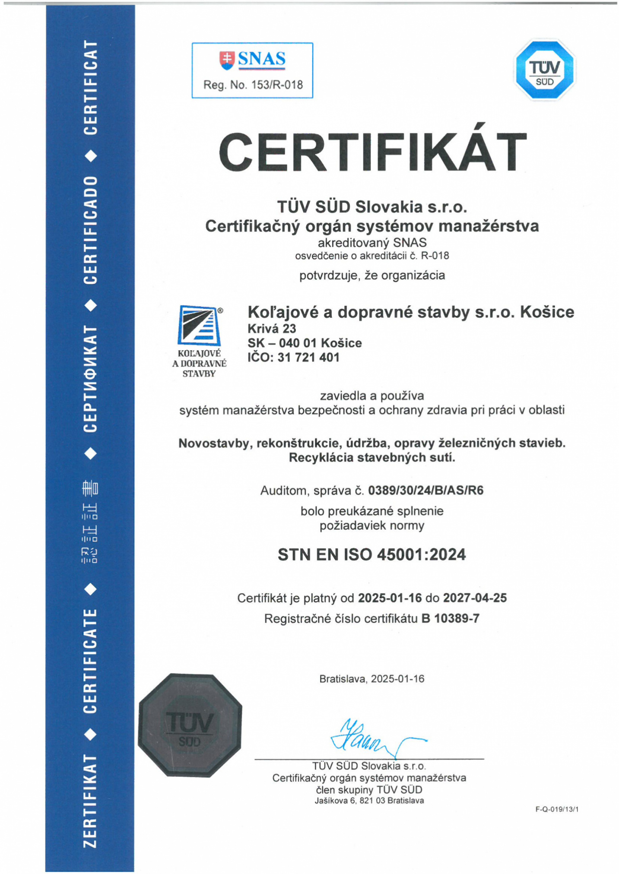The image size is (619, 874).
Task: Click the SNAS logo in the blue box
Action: click(252, 60)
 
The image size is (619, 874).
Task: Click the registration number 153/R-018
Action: click(277, 85)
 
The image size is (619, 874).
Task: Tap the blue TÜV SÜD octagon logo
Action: click(544, 70)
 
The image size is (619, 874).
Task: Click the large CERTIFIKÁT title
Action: click(372, 152)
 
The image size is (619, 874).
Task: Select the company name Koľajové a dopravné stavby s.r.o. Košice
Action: click(410, 312)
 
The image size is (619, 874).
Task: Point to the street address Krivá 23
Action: click(272, 329)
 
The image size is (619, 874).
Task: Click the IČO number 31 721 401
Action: click(308, 358)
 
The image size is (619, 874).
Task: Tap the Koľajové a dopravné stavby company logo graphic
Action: click(200, 326)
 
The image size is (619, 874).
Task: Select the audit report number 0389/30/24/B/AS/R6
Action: click(425, 491)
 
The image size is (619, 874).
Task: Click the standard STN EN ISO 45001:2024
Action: click(371, 554)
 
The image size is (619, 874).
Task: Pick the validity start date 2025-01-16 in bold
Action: click(390, 598)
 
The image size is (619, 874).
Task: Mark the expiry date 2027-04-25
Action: click(475, 598)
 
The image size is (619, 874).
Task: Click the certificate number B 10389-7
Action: click(450, 619)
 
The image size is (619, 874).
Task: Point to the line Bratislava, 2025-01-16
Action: click(371, 679)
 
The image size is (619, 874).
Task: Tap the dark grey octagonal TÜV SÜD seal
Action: click(190, 725)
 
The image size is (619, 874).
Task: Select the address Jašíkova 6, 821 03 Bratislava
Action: click(369, 801)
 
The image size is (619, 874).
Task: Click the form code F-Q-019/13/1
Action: click(557, 809)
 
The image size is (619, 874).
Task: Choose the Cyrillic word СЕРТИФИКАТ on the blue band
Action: click(90, 379)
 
